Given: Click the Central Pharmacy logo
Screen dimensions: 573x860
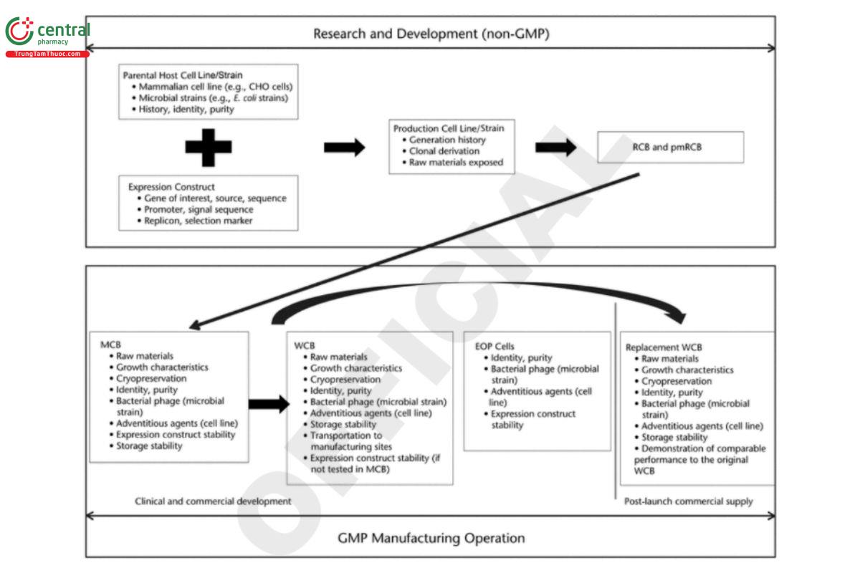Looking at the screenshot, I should point(47,36).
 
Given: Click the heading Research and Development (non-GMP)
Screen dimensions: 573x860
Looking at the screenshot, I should point(431,33).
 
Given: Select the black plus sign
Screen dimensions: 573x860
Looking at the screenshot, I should point(208,147).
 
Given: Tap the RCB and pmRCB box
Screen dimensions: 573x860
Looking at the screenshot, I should point(672,147).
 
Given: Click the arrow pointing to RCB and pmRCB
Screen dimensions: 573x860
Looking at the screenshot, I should point(556,148).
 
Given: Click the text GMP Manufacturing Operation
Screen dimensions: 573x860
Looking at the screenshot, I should point(431,537).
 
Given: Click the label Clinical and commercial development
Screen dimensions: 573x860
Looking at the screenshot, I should point(213,501).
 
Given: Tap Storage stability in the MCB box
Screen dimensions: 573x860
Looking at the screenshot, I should point(149,446).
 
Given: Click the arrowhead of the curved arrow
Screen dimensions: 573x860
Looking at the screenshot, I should point(678,316).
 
